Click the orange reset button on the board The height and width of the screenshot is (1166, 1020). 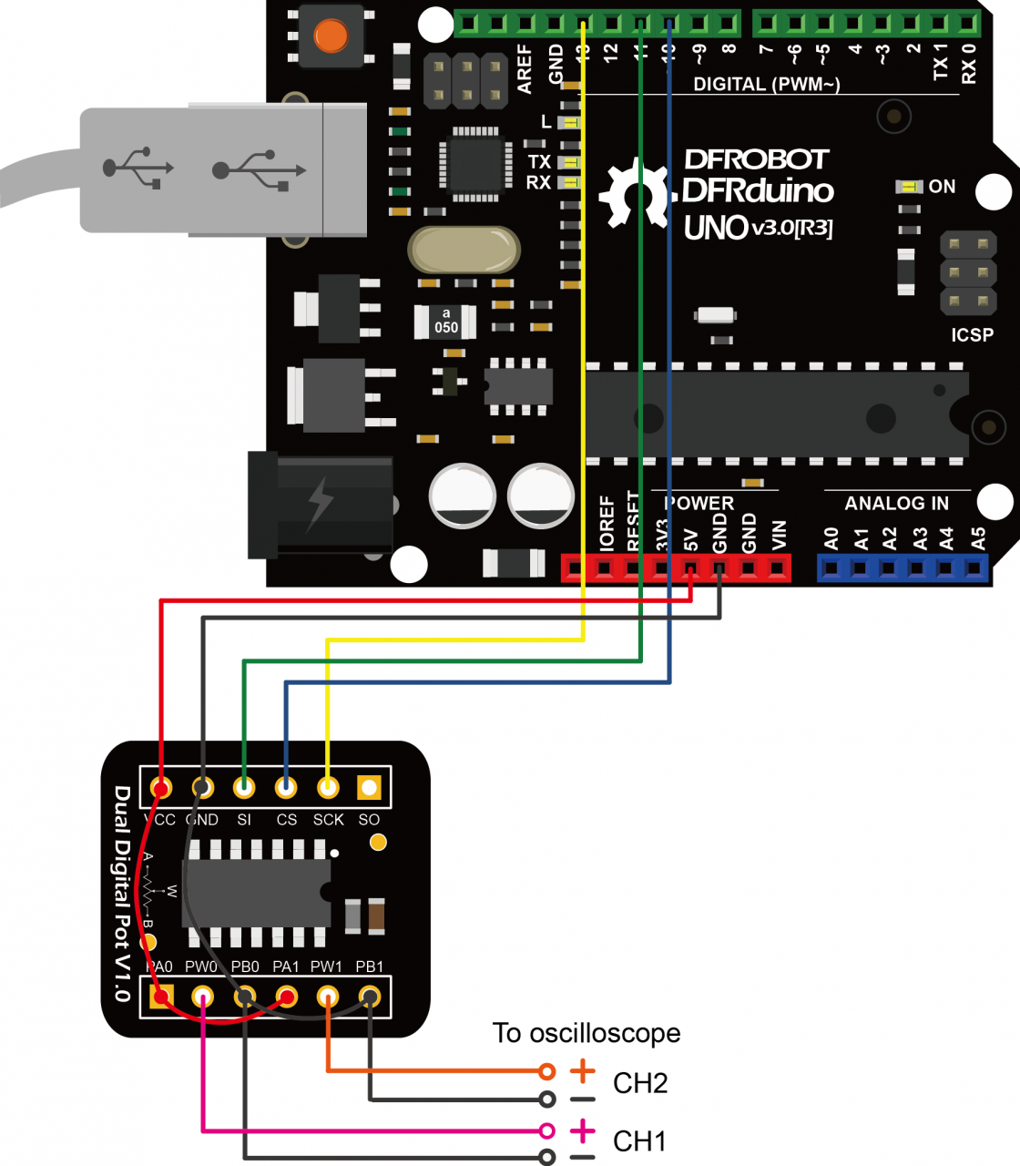[330, 36]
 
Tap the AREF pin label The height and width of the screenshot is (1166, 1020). [525, 68]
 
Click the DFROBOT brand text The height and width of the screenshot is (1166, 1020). [756, 159]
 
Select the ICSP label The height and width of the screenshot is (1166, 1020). [972, 335]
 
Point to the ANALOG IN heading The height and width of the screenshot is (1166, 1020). [896, 504]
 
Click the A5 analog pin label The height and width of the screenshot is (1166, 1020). [978, 538]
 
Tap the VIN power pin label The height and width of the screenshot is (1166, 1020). [779, 535]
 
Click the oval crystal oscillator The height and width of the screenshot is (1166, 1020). [464, 251]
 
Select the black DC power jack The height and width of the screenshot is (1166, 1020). [321, 505]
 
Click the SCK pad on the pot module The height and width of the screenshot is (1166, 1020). [328, 787]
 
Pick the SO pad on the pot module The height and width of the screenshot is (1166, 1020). [369, 787]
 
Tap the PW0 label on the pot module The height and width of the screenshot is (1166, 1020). [201, 967]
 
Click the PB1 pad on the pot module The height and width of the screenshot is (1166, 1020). [370, 997]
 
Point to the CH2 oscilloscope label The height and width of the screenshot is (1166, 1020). [640, 1083]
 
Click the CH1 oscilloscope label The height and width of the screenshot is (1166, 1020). [639, 1141]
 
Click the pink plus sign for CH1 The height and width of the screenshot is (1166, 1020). [582, 1132]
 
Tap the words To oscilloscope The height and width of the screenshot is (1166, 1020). [586, 1033]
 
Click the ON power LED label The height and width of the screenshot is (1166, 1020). [942, 187]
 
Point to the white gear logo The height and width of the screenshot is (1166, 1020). [635, 193]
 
